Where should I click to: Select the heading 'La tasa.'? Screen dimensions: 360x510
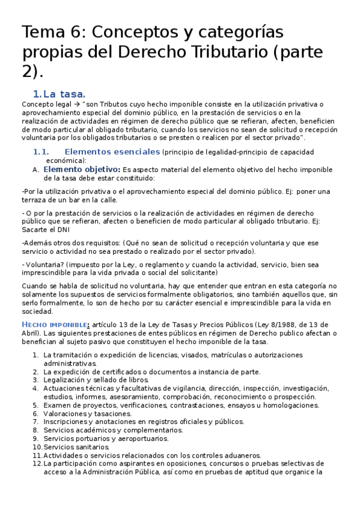[65, 94]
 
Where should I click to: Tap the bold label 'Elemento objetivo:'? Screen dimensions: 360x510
[82, 170]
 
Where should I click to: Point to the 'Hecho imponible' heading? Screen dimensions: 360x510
[55, 325]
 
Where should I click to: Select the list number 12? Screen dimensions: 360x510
[37, 464]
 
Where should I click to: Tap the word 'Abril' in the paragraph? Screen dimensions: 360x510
[31, 333]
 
